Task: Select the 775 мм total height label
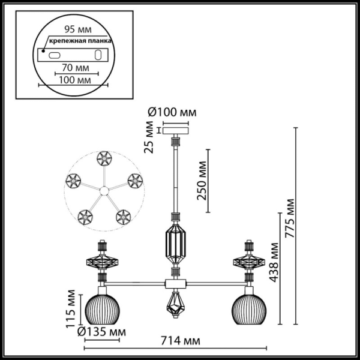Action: pyautogui.click(x=290, y=219)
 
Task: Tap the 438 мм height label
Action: pyautogui.click(x=274, y=262)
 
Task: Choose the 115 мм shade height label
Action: pyautogui.click(x=71, y=310)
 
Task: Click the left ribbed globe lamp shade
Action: pyautogui.click(x=103, y=308)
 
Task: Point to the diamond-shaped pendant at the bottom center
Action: pyautogui.click(x=175, y=305)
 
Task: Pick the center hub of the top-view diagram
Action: pyautogui.click(x=104, y=191)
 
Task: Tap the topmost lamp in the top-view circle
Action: pyautogui.click(x=103, y=159)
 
